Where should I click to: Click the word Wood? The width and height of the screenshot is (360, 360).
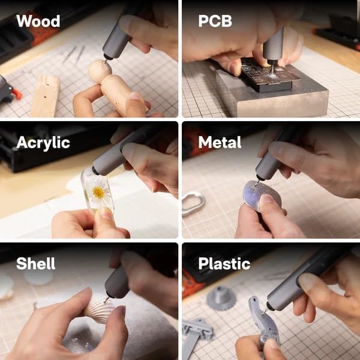[38, 21]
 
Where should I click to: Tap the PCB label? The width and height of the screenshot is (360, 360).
[215, 21]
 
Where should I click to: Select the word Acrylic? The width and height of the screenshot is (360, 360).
[43, 143]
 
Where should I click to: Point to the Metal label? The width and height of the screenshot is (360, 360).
[220, 142]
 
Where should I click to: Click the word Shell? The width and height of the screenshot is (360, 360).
[36, 263]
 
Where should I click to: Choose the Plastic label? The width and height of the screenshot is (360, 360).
[224, 264]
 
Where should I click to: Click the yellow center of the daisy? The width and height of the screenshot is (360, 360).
[99, 193]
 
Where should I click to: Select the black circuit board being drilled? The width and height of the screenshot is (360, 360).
[269, 74]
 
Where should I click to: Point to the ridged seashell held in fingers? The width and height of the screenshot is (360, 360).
[98, 310]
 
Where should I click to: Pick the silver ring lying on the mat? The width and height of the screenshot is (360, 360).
[193, 204]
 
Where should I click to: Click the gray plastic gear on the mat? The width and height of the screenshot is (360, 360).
[221, 298]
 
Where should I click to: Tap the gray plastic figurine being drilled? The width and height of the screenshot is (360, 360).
[264, 322]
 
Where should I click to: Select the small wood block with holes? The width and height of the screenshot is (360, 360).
[46, 96]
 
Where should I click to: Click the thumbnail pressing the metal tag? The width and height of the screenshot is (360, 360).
[266, 199]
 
